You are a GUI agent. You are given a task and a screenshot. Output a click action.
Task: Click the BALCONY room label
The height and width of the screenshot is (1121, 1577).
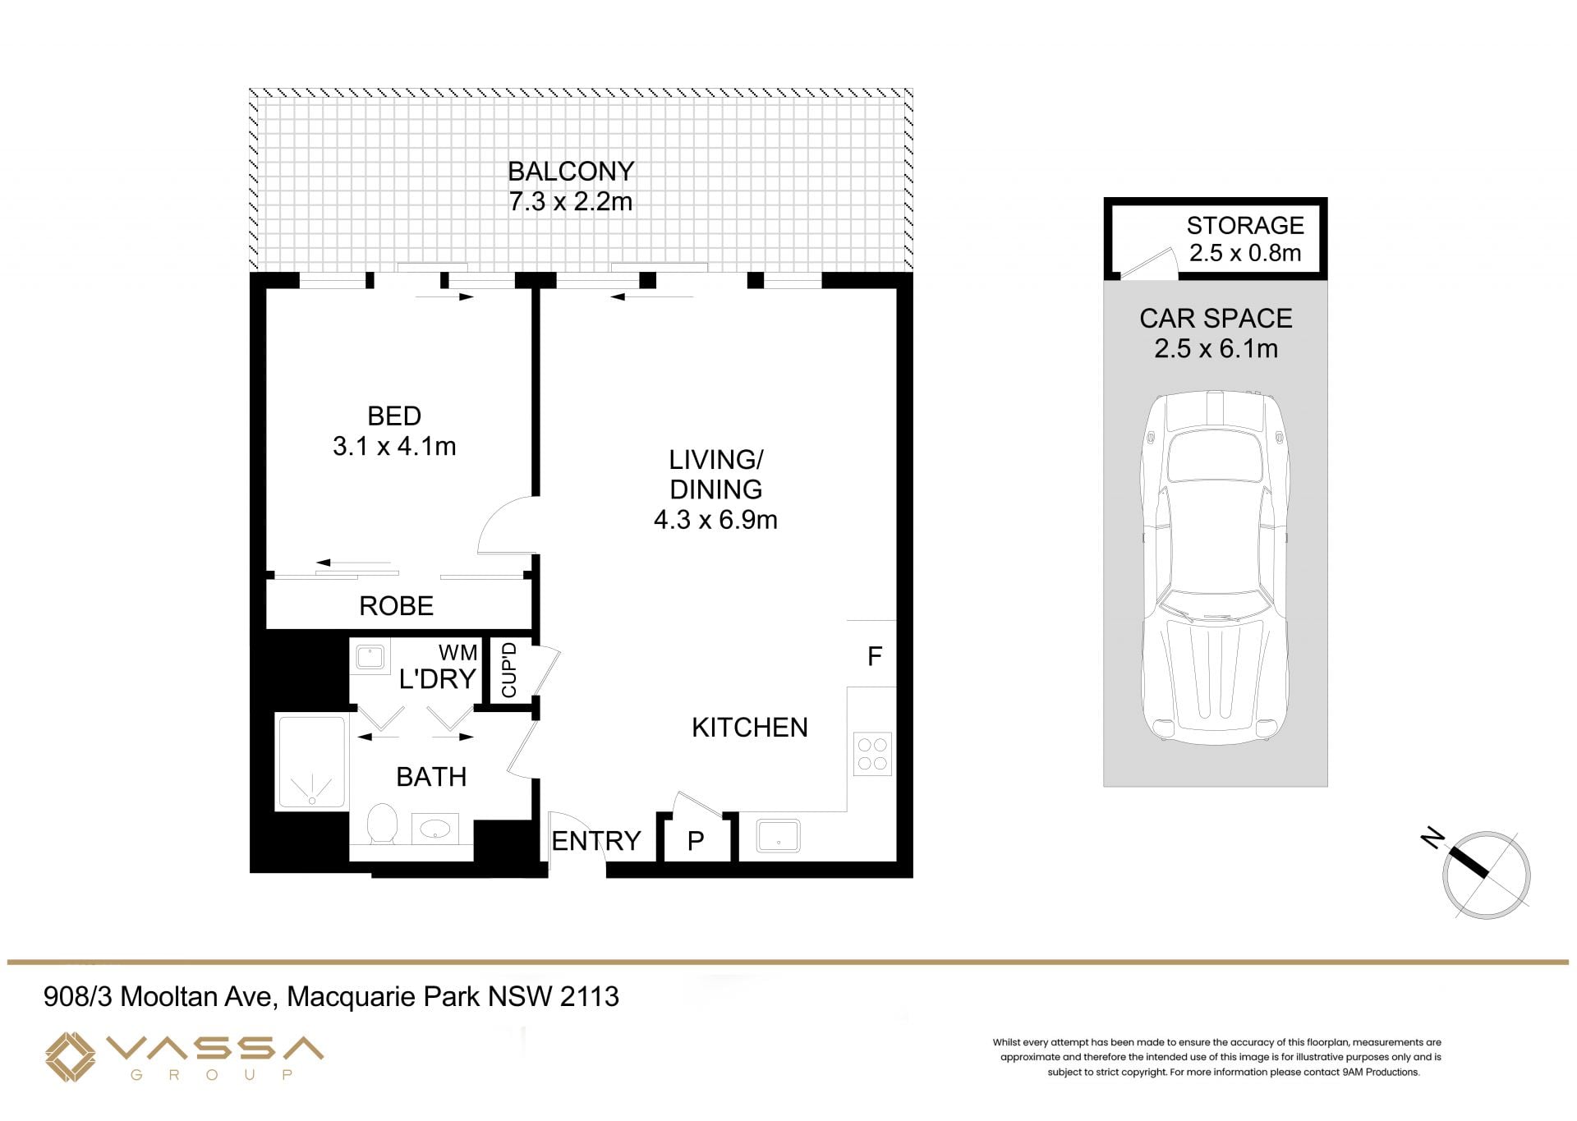(571, 171)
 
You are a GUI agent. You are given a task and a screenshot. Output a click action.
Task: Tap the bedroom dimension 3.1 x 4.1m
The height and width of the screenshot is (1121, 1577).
(394, 446)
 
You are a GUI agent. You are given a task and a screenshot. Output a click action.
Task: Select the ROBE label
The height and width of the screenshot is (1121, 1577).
(396, 605)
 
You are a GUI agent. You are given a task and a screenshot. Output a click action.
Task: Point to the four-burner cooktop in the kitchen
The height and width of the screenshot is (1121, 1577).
(872, 754)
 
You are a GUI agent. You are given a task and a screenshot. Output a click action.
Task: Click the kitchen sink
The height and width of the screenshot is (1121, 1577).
(779, 836)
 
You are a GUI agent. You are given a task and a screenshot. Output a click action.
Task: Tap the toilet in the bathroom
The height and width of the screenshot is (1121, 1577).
(382, 823)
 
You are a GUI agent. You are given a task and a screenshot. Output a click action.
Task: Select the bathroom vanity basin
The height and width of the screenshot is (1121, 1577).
(434, 829)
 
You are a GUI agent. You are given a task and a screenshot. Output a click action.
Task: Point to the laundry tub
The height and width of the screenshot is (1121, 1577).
(371, 658)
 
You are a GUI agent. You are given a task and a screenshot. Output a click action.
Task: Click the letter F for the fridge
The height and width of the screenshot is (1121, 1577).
(875, 655)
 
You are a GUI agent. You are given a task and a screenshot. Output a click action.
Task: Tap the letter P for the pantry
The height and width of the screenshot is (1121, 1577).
(696, 841)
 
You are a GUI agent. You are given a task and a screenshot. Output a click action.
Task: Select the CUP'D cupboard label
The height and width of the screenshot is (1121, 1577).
(508, 670)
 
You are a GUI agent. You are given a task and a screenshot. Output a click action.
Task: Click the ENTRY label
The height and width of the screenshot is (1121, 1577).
(596, 841)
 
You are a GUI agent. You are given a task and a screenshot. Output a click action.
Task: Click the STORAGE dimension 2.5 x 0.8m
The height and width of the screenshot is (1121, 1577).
(1245, 253)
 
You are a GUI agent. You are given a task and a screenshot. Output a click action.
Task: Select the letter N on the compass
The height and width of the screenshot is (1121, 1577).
(1432, 838)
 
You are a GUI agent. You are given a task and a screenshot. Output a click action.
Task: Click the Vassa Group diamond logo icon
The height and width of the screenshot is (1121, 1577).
(71, 1057)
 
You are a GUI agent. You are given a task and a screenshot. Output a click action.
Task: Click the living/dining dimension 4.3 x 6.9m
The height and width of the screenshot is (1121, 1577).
(715, 520)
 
